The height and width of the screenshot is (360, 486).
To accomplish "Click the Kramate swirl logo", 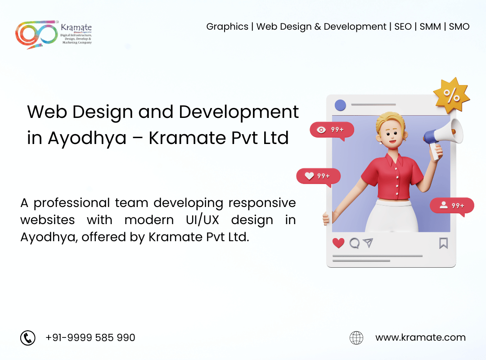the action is point(36,34).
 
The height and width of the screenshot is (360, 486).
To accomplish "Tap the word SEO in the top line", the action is point(403,27).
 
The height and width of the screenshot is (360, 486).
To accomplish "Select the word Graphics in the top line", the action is point(227,27).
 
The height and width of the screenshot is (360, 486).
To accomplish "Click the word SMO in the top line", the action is point(459,27).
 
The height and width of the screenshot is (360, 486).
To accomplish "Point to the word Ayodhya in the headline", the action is point(87,138).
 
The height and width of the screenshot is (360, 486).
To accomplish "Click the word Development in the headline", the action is point(238,112).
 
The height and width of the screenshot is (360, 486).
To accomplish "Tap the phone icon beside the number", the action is point(28,337).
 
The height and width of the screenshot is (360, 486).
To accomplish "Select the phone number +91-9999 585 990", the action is point(90,337).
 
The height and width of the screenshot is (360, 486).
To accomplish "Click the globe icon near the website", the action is point(356,337).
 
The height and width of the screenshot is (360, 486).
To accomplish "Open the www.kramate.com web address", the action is point(420,337).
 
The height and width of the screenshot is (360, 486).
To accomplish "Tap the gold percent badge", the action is point(451,95).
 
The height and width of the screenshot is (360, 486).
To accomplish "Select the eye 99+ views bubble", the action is point(332,130).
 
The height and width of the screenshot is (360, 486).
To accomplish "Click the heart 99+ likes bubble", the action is point(318,177).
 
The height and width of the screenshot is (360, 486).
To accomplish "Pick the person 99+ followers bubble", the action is point(452,206).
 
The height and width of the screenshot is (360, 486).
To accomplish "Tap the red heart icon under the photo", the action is point(338,243).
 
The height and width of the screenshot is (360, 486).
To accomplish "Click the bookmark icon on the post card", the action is point(444,243).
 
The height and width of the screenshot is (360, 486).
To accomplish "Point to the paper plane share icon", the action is point(368,243).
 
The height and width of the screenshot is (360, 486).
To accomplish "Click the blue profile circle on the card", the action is point(340,105).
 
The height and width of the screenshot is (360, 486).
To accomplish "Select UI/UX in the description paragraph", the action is point(202,220).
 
